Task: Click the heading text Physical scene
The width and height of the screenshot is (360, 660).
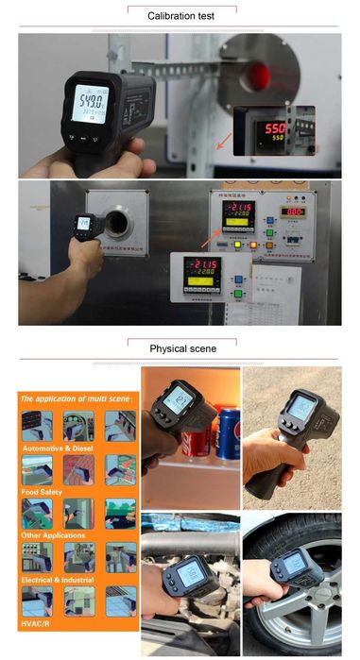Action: (182, 348)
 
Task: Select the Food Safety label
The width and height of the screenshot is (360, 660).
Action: (42, 491)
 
